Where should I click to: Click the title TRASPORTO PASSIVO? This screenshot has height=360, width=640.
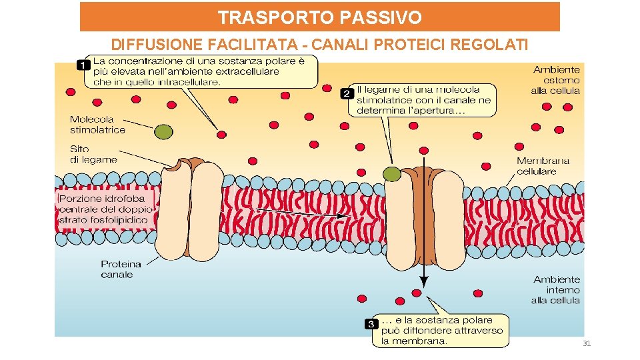(320, 17)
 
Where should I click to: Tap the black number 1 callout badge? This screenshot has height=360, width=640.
(83, 65)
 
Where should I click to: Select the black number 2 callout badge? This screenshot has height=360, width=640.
(347, 94)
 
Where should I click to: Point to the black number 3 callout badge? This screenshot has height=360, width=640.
(371, 325)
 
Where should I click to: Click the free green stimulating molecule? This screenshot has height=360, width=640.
(163, 132)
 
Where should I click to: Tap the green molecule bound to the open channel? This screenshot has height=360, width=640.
(393, 175)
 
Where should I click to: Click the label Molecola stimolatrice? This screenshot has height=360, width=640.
(97, 125)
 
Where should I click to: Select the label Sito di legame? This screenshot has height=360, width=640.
(93, 154)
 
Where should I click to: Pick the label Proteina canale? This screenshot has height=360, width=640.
(121, 269)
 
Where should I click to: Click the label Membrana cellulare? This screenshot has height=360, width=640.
(543, 166)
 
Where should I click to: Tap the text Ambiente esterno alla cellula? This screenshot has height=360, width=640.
(556, 80)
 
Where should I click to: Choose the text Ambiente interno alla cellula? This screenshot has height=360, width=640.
(556, 290)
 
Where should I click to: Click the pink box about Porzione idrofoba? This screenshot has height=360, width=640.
(106, 209)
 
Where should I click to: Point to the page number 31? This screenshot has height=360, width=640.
(587, 343)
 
